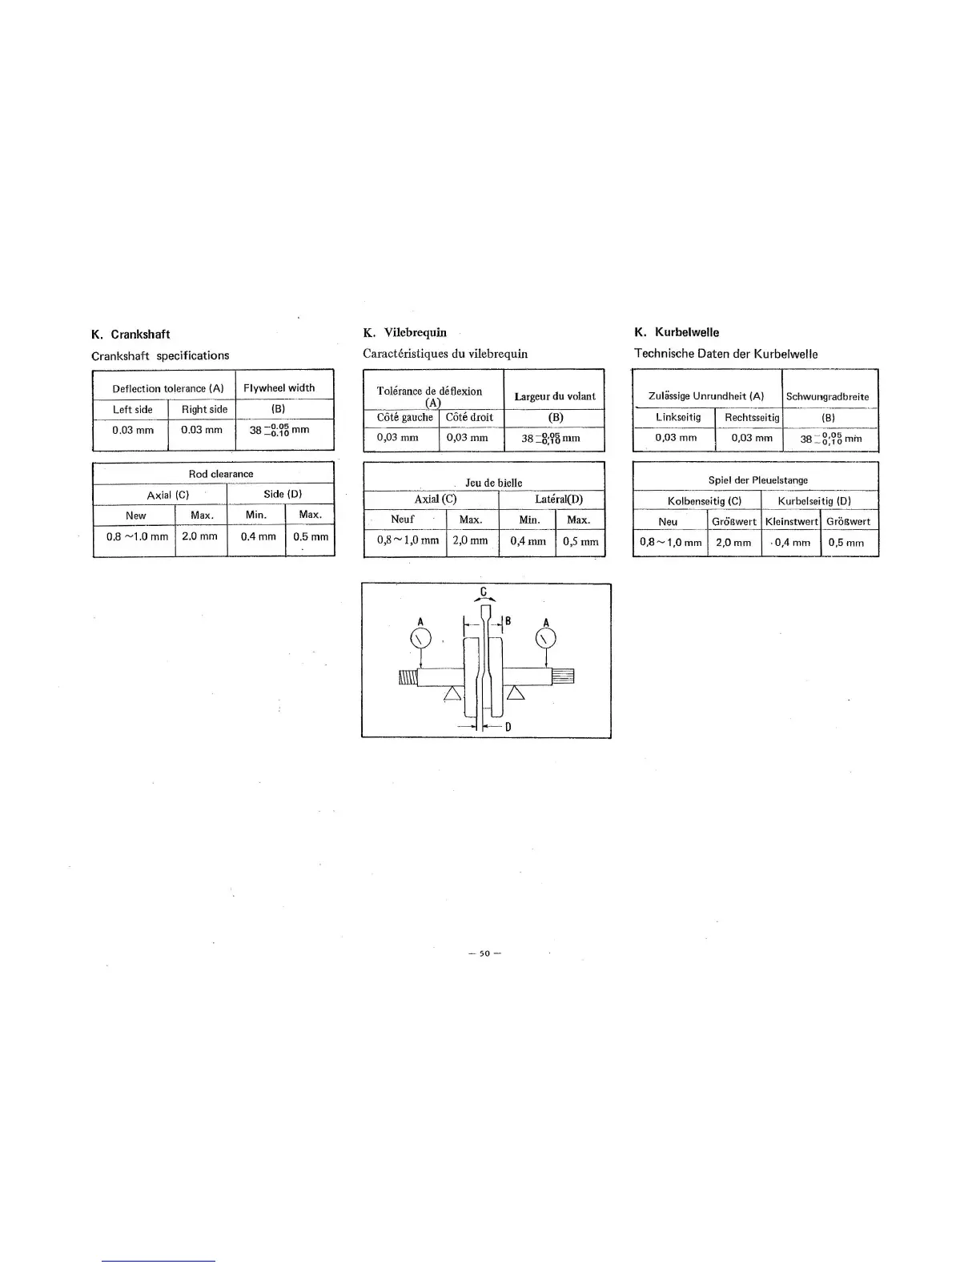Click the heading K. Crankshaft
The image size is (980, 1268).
[131, 335]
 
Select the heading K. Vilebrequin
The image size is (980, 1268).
[404, 332]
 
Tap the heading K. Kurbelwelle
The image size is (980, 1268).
[677, 332]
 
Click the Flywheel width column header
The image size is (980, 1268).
[279, 388]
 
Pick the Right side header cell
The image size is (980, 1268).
[204, 409]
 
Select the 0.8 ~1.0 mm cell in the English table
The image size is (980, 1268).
[137, 536]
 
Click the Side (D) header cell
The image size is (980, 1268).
[282, 494]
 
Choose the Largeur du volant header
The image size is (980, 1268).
[555, 396]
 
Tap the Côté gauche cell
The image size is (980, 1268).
[404, 417]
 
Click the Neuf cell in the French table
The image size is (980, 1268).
[402, 520]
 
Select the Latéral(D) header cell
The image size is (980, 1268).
[559, 500]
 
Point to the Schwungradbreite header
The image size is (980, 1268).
[827, 396]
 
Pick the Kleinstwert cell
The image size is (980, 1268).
[792, 521]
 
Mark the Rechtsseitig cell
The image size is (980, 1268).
[752, 417]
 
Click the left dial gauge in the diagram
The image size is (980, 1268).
[421, 639]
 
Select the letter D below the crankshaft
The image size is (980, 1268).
[508, 727]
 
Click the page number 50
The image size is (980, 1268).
[484, 953]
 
